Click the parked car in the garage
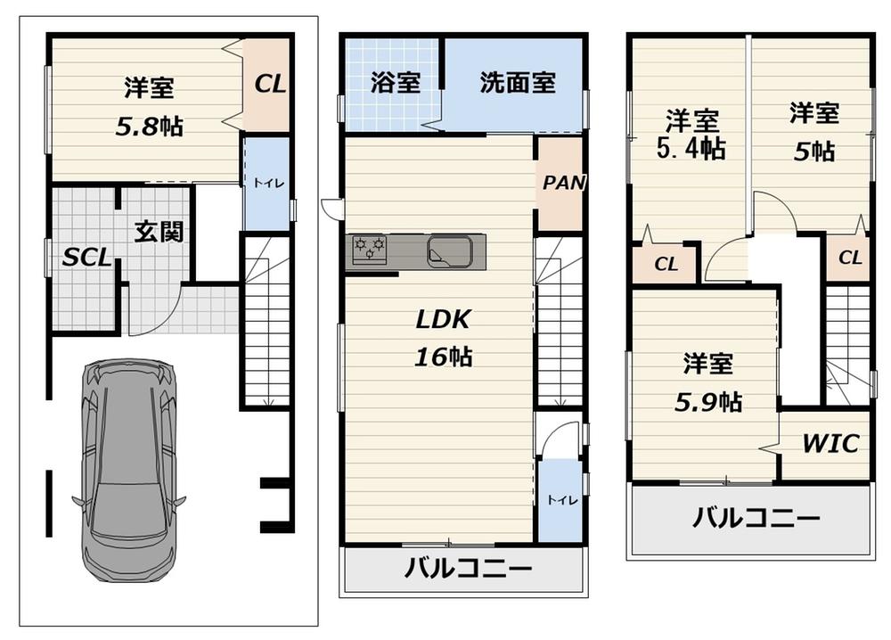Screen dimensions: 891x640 tap(128, 470)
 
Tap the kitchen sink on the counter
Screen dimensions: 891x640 tap(450, 250)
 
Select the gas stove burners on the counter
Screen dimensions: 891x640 tap(369, 250)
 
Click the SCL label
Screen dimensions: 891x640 tap(86, 258)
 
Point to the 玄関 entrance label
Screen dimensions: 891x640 tap(159, 232)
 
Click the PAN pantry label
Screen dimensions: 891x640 tap(563, 183)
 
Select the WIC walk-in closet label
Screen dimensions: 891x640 tap(830, 443)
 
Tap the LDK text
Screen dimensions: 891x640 tap(443, 319)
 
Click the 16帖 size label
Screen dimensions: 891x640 tap(443, 357)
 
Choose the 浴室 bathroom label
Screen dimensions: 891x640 tap(396, 82)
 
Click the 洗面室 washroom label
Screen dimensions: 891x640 tap(518, 82)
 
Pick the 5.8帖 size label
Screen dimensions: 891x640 tap(150, 127)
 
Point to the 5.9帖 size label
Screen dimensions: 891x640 tap(708, 402)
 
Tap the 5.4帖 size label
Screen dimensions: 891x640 tap(691, 148)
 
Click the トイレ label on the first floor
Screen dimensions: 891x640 tap(268, 183)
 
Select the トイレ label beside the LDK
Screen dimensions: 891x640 tap(562, 499)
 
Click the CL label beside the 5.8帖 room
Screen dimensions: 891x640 tap(270, 84)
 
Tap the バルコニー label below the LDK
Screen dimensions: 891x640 tap(469, 567)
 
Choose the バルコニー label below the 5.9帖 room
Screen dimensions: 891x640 tap(756, 517)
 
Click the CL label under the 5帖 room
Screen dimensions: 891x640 tap(850, 258)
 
